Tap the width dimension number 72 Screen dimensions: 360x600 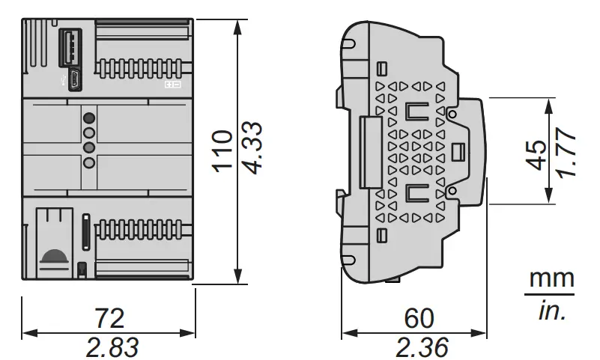click(109, 318)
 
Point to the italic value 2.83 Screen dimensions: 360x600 click(109, 347)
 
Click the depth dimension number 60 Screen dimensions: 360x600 click(419, 318)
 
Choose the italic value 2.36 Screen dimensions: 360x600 click(419, 347)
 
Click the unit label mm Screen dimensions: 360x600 click(552, 279)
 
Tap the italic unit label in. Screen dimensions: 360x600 click(552, 309)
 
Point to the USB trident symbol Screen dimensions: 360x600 click(64, 79)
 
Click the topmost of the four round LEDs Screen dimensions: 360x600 click(89, 118)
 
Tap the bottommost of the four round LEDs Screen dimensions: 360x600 click(89, 162)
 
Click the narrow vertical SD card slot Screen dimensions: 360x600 click(85, 231)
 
